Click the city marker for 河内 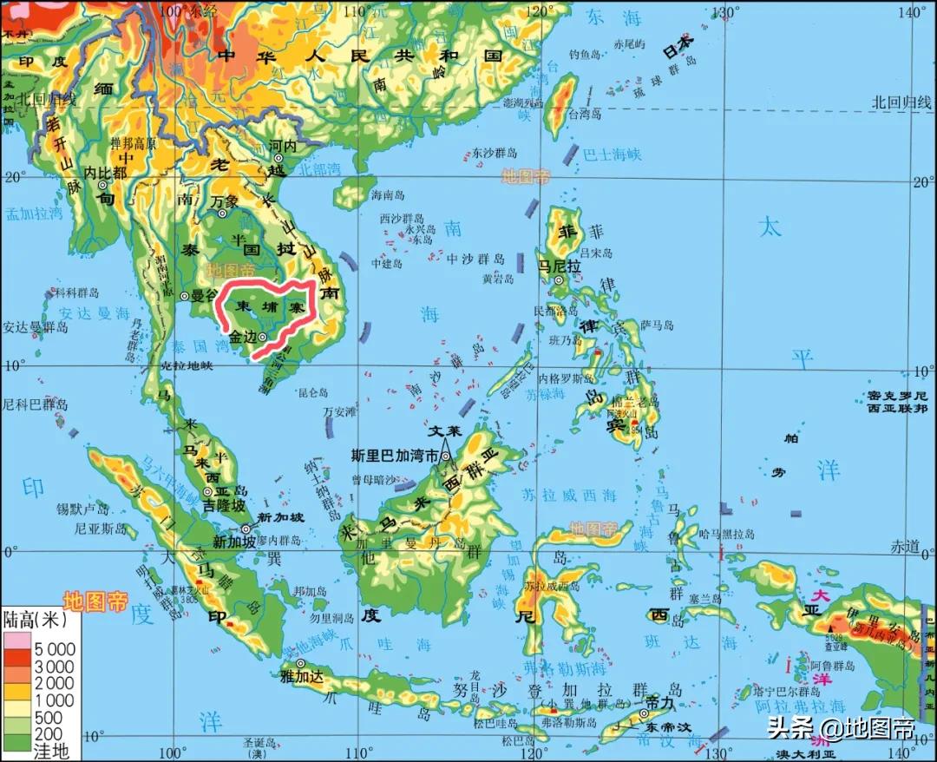278,158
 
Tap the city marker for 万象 222,213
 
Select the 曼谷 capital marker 185,296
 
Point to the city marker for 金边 262,337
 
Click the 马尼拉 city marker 560,280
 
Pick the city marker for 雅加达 301,664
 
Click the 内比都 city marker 102,185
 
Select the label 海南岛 388,194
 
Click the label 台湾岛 584,114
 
